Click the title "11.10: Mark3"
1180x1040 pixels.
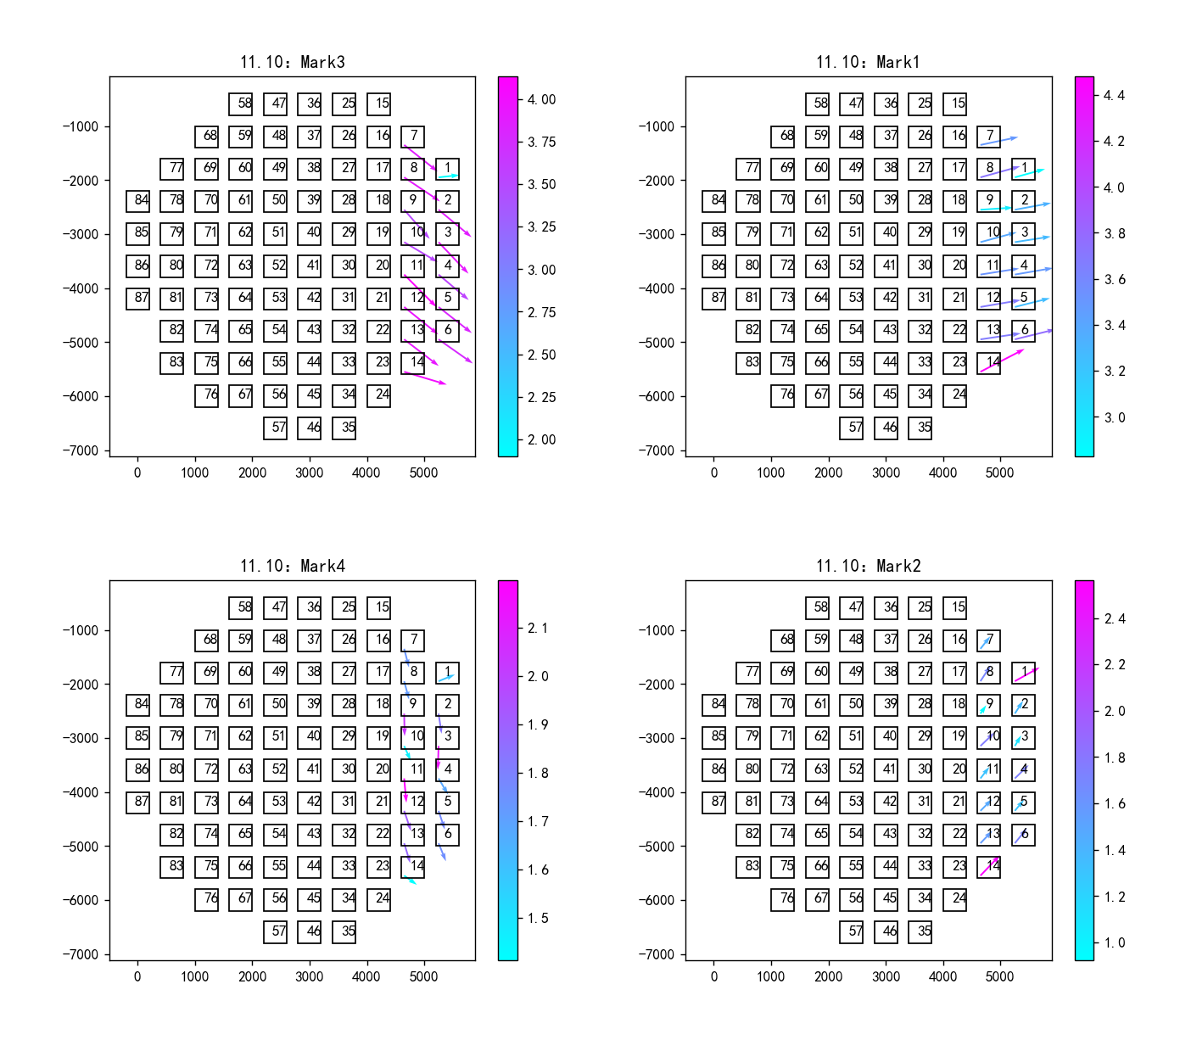pos(292,62)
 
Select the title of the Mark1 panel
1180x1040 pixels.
pos(868,62)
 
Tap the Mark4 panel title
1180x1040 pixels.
pos(292,566)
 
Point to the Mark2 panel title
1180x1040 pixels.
pos(868,566)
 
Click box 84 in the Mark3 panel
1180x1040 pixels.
pos(137,201)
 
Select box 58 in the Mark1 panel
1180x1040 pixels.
pos(817,104)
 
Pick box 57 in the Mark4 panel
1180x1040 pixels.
pos(275,931)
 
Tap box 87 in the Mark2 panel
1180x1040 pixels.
pos(714,802)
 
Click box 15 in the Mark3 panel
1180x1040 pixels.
pos(378,104)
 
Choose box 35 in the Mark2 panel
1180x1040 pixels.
pos(920,931)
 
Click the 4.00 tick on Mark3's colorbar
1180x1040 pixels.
pos(541,99)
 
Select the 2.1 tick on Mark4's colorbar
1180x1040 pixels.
pos(538,628)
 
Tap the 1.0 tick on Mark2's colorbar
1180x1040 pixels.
pos(1114,942)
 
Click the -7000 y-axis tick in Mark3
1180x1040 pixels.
pos(81,450)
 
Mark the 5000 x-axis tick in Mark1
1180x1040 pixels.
pos(999,472)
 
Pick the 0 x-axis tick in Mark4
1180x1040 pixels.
pos(137,976)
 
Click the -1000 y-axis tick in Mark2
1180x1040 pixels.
pos(657,630)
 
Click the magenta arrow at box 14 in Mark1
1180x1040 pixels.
pos(1002,361)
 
